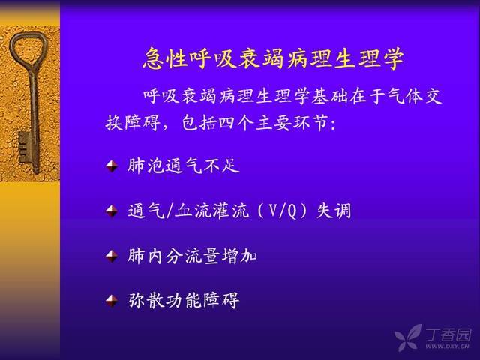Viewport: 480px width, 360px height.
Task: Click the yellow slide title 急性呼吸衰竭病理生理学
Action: tap(273, 58)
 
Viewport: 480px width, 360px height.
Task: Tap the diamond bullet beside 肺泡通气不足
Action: tap(112, 166)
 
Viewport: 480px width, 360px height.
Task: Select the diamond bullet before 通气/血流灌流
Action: tap(112, 211)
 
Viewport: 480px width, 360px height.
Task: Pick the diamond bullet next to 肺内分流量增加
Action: tap(112, 256)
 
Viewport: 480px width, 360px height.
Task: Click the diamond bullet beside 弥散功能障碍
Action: tap(112, 301)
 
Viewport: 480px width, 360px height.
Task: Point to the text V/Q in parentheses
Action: tap(282, 211)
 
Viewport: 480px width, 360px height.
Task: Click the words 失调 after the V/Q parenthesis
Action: tap(334, 211)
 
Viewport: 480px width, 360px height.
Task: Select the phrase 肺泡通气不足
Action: tap(183, 166)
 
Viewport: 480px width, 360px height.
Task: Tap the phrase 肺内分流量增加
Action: tap(192, 256)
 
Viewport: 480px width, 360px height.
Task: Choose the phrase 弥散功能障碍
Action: tap(183, 301)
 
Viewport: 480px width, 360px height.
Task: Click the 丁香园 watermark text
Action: tap(448, 334)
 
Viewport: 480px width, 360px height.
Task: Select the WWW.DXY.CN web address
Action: tap(447, 346)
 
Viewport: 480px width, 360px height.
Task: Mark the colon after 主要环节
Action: tap(333, 125)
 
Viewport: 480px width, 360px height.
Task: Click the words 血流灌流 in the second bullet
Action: tap(211, 211)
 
